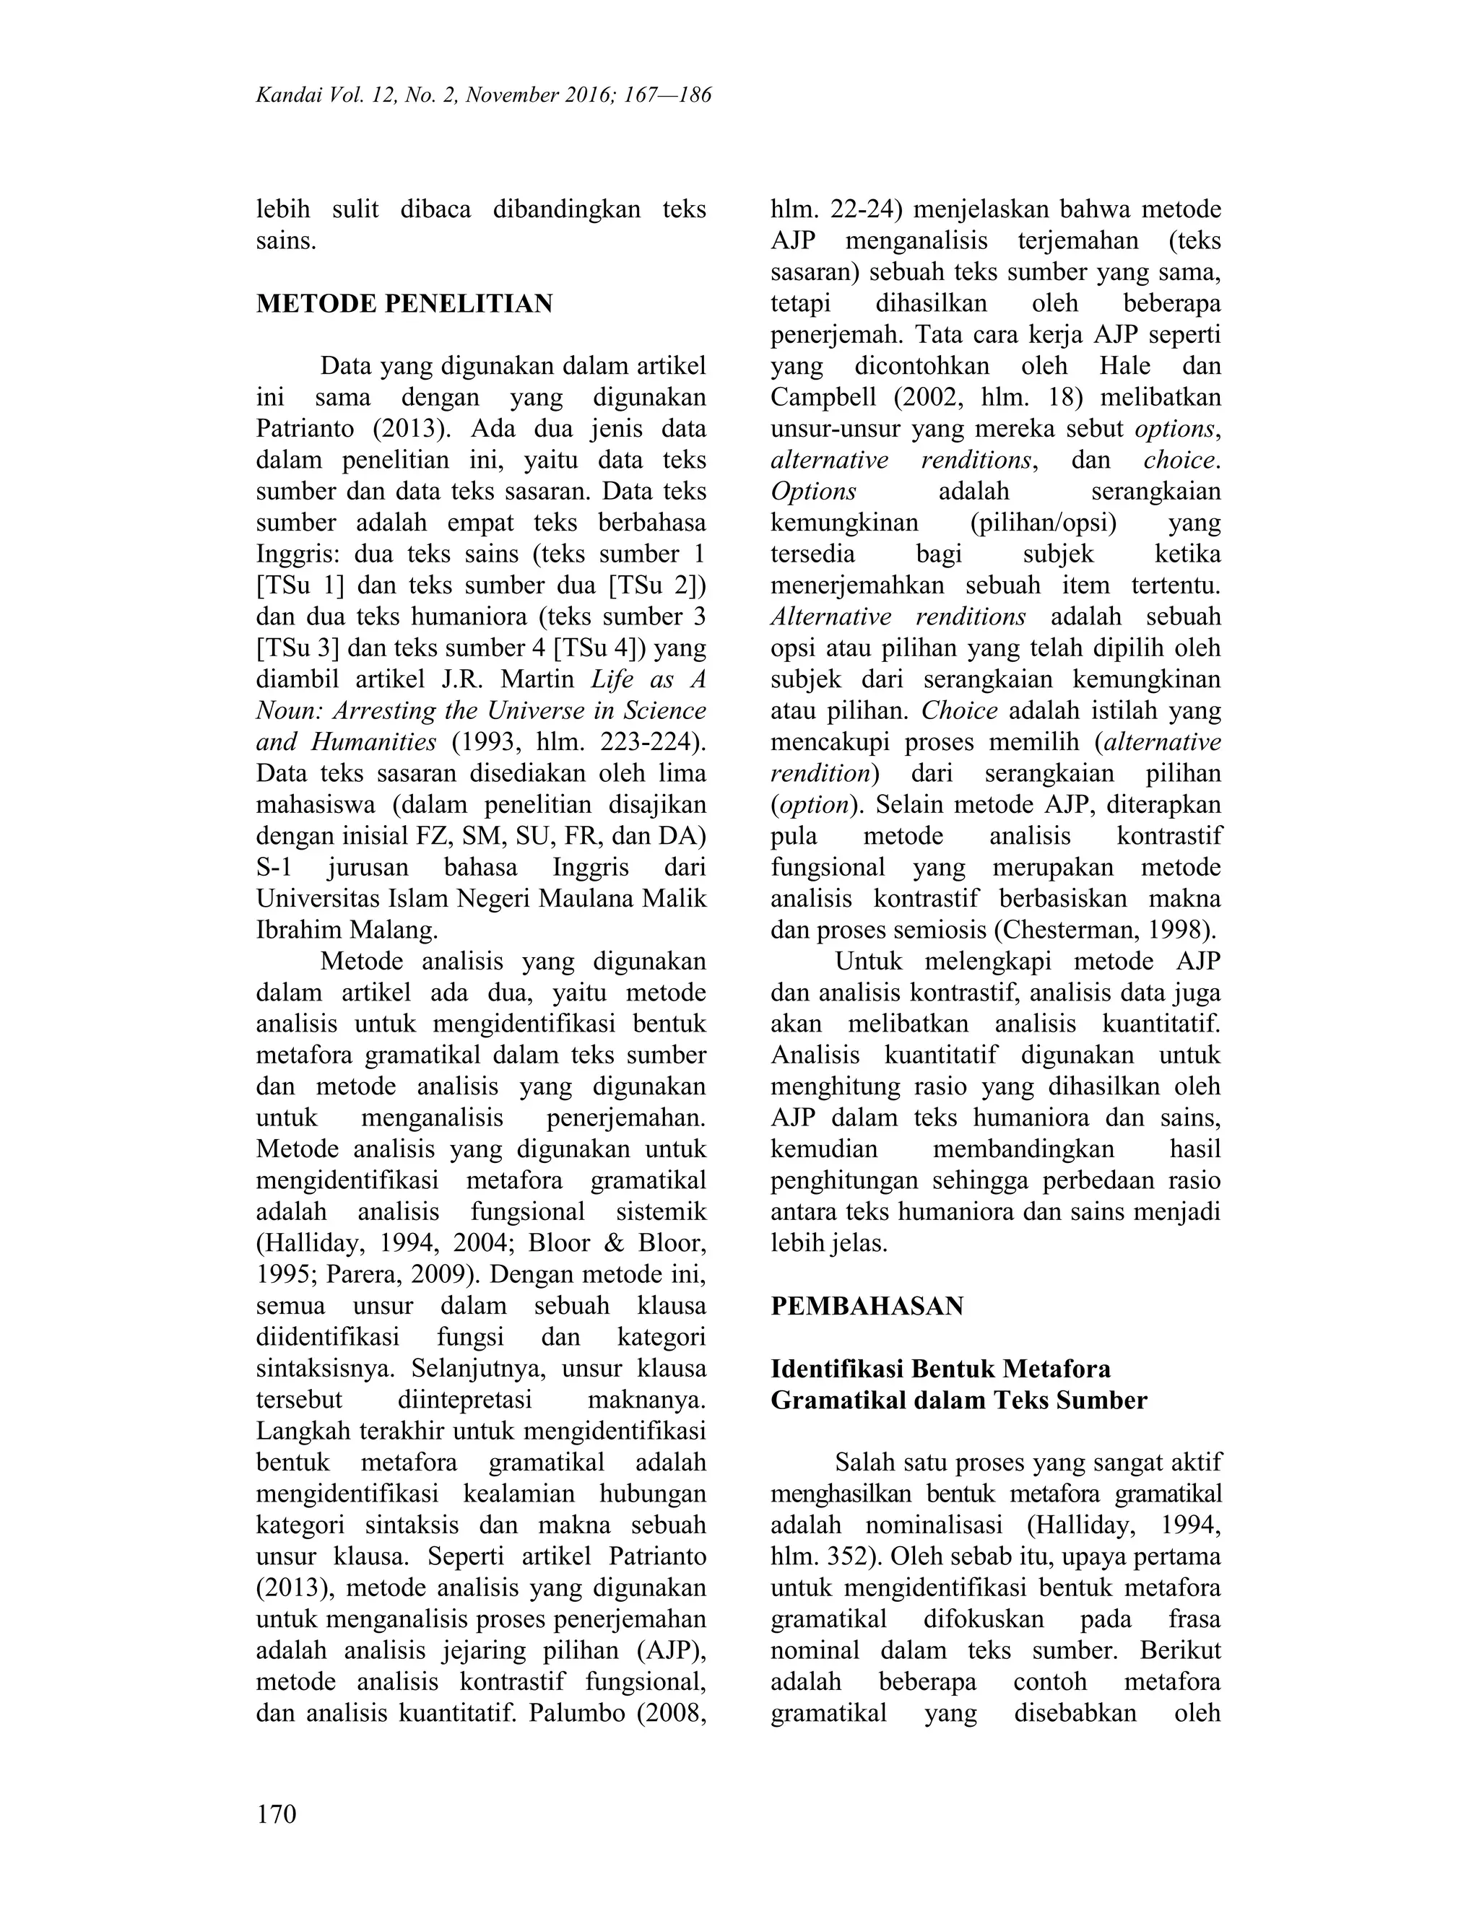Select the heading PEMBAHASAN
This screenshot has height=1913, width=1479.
click(867, 1306)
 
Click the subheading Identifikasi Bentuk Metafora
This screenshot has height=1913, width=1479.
click(940, 1369)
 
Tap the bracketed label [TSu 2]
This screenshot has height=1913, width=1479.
click(658, 585)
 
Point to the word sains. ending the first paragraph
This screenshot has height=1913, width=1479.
click(286, 241)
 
